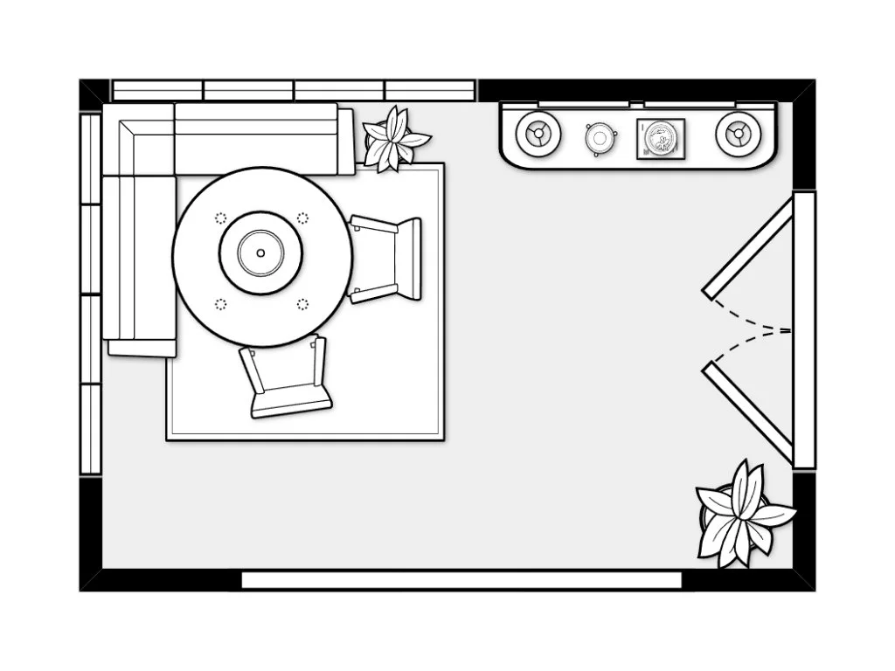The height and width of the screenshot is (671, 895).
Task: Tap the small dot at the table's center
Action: pos(260,253)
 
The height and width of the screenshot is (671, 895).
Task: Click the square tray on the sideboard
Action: pos(661,139)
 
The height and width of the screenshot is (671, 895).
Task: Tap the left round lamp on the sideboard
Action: pos(538,135)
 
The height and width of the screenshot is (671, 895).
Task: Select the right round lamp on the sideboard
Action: pos(738,135)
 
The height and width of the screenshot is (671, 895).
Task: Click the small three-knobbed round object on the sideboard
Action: pos(600,137)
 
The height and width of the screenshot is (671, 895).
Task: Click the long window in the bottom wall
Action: pos(461,580)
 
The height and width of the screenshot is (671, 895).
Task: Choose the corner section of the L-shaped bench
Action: pos(138,139)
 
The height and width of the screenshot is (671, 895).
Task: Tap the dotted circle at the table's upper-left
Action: pos(220,218)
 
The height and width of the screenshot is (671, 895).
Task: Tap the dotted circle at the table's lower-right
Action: pos(302,304)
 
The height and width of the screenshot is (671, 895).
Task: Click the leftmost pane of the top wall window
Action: pos(158,90)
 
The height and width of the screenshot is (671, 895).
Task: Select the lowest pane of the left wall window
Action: pos(91,428)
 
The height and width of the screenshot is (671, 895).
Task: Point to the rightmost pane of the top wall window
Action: pos(430,90)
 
